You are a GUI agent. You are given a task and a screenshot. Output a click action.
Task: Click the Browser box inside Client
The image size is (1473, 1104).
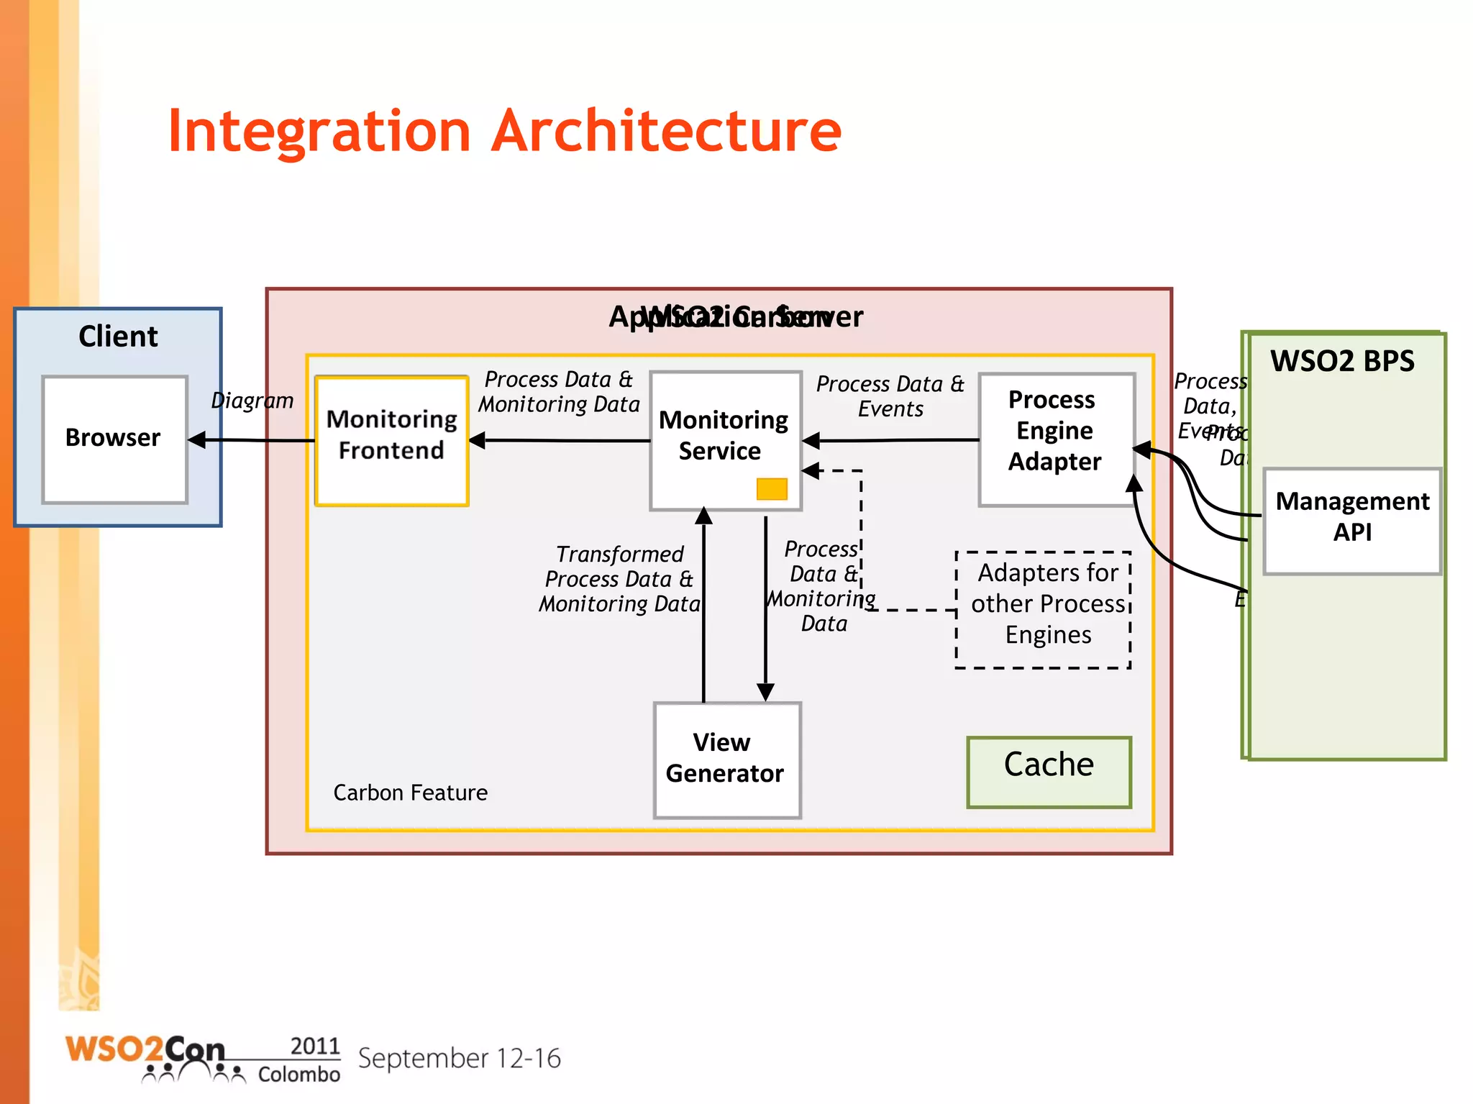click(114, 439)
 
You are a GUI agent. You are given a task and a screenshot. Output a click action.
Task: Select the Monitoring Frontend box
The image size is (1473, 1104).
click(391, 440)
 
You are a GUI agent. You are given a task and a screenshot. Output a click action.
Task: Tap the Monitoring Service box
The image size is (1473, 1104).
click(725, 439)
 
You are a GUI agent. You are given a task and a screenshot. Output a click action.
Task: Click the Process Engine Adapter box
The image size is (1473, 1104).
click(1056, 439)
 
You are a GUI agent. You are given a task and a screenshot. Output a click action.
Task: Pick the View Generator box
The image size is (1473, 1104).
click(726, 759)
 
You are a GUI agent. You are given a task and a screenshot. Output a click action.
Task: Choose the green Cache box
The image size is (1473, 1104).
click(1049, 771)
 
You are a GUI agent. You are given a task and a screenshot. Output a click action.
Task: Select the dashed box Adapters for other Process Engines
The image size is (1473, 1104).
click(1043, 608)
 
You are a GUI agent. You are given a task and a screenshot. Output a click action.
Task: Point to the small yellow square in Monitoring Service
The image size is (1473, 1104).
click(772, 489)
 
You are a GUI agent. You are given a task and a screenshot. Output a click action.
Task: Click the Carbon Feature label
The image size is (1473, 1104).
click(410, 793)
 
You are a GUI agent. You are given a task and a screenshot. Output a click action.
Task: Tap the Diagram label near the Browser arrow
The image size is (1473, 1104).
click(252, 401)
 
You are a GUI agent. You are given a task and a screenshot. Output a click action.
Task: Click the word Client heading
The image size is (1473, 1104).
click(118, 337)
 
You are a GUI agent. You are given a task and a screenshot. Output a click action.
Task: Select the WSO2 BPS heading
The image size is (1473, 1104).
click(1342, 361)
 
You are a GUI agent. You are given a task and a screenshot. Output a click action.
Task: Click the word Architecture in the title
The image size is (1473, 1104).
click(666, 132)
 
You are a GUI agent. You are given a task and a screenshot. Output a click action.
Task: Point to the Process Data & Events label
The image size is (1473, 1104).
click(890, 396)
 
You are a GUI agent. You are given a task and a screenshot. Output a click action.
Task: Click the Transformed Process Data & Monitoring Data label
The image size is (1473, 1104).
click(619, 579)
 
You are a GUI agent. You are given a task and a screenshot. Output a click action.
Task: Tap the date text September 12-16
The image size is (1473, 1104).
click(459, 1058)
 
